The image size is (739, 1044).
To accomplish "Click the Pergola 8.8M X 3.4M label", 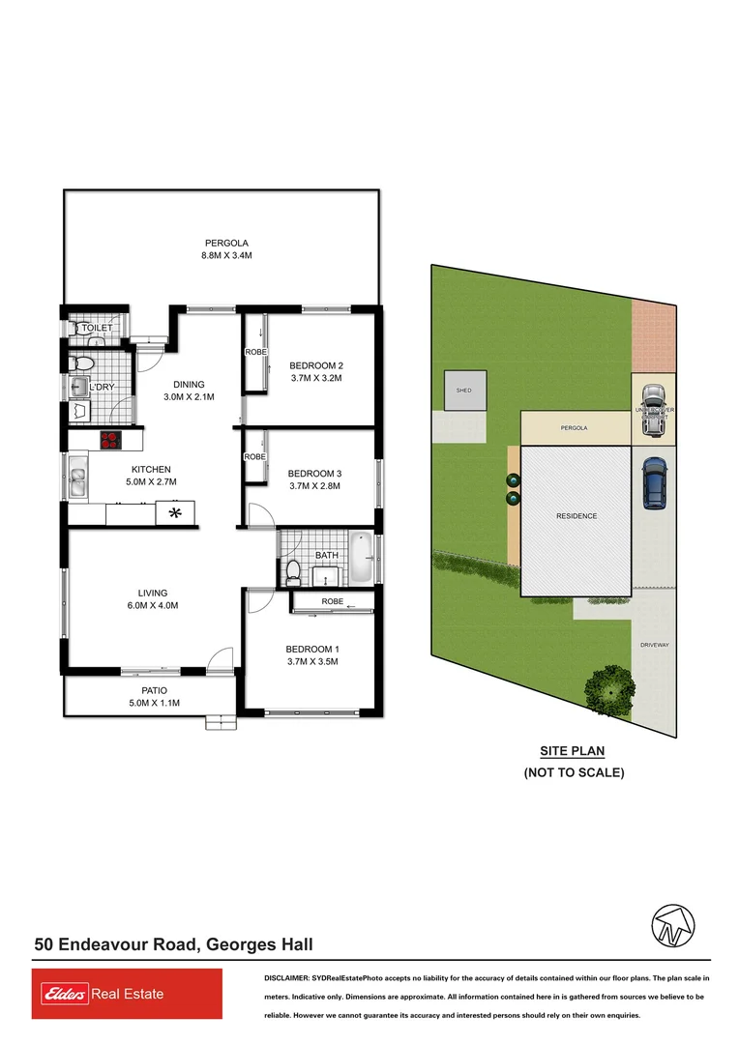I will [227, 249].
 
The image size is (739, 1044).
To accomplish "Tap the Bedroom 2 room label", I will [316, 365].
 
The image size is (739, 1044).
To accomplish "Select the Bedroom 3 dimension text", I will [314, 486].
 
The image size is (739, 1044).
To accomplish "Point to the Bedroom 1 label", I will [311, 649].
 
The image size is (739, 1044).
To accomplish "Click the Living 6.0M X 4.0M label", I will [153, 599].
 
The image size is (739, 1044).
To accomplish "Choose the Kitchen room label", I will [151, 470].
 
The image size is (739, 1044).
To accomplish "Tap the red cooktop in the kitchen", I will [110, 441].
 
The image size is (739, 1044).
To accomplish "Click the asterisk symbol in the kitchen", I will [175, 511].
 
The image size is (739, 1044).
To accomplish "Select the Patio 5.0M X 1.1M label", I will [155, 697].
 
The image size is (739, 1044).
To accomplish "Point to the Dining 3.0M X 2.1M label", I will [189, 391].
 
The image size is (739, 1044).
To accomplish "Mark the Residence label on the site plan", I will [576, 516].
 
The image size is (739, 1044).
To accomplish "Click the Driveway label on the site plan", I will [655, 645].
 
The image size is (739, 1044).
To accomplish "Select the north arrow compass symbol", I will [672, 925].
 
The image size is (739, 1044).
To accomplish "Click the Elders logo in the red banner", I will [62, 994].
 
